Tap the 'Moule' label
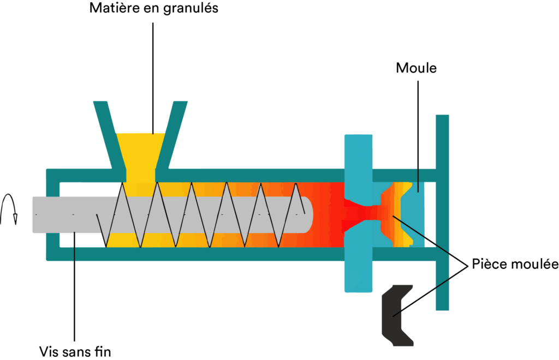[x=416, y=68]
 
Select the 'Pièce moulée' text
[x=515, y=264]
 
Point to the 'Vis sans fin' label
[x=75, y=352]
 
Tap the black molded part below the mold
[x=397, y=315]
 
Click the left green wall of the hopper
[x=109, y=135]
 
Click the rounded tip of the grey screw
[x=309, y=215]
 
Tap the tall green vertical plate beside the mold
[x=442, y=212]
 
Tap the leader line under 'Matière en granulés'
[x=153, y=79]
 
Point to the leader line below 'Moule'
[x=418, y=136]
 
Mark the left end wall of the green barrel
[x=53, y=215]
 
